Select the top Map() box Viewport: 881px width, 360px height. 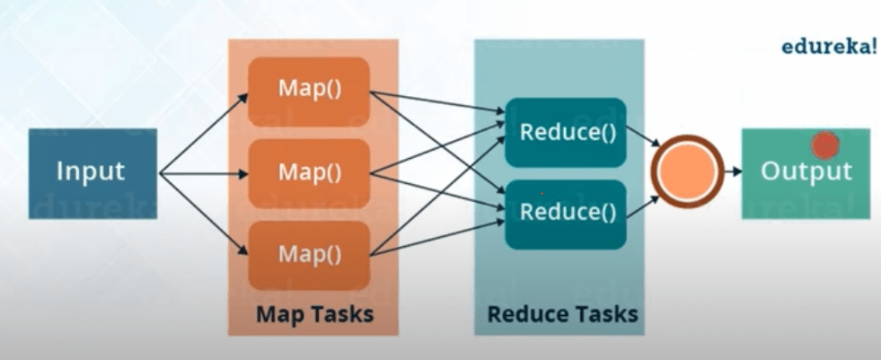(x=310, y=91)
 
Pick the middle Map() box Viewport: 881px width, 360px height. (x=310, y=171)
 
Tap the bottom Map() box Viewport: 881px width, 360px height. (x=310, y=254)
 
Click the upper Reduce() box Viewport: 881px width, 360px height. (x=565, y=132)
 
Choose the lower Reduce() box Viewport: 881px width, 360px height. (x=565, y=214)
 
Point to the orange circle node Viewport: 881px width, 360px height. (x=689, y=171)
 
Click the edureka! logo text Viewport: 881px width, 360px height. (x=827, y=48)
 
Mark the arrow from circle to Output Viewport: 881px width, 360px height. (x=731, y=171)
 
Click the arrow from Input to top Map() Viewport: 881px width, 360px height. (x=204, y=132)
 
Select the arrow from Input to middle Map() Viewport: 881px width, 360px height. (x=204, y=171)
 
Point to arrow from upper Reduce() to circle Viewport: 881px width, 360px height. (x=641, y=139)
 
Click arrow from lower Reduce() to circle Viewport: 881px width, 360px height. (x=641, y=205)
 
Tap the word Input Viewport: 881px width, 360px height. (x=91, y=171)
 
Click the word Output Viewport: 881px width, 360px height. (x=806, y=171)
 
